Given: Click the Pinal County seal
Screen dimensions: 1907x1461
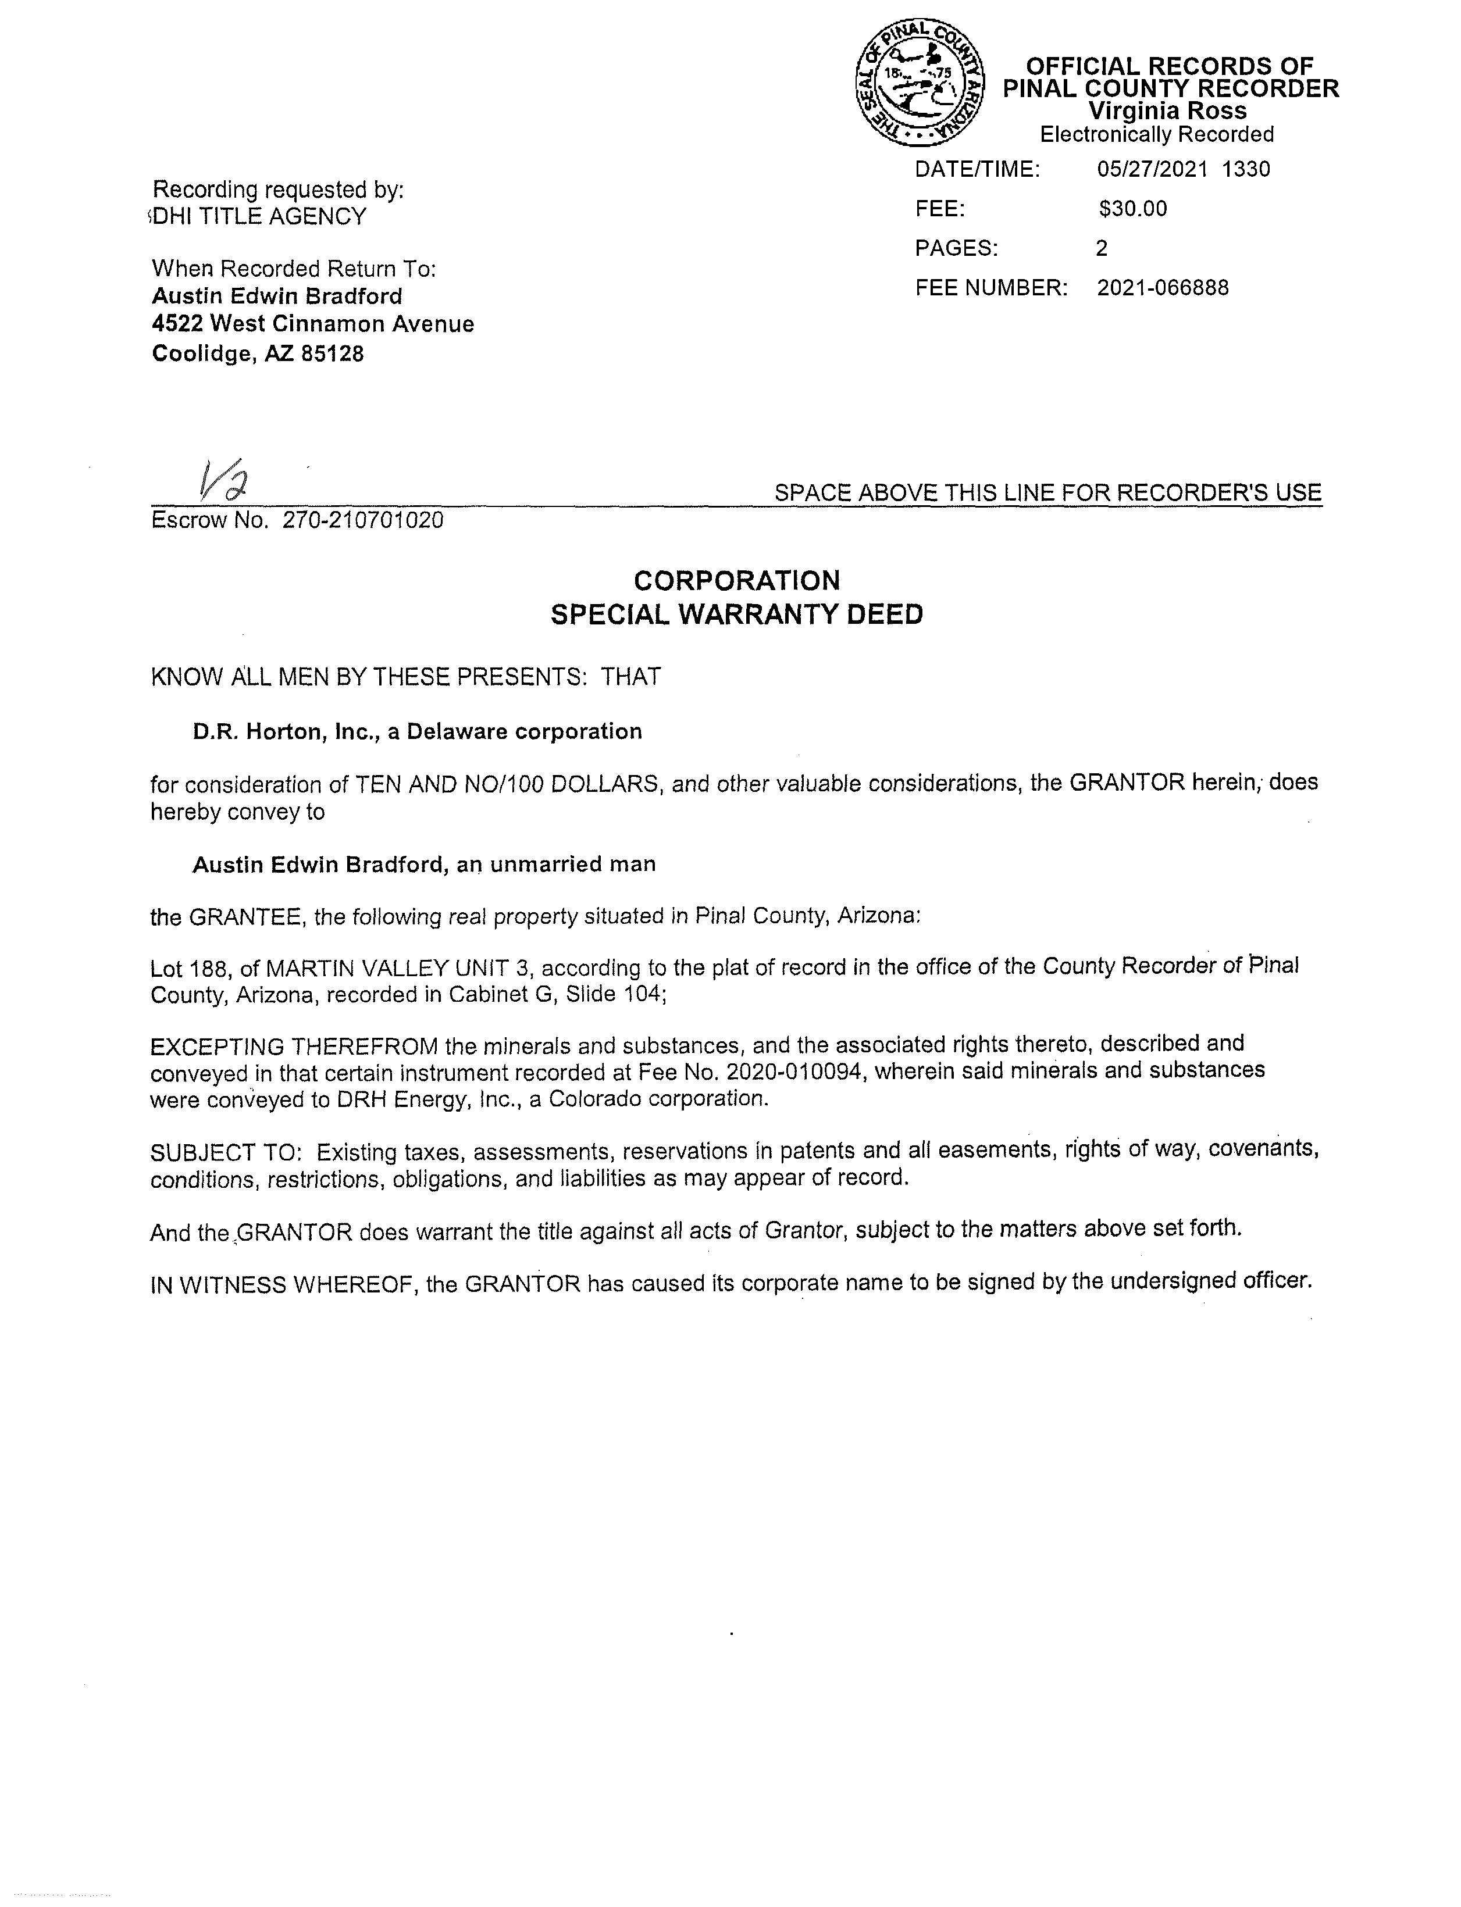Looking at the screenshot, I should click(x=920, y=84).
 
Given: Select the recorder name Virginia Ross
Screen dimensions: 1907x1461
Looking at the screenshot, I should click(x=1167, y=111).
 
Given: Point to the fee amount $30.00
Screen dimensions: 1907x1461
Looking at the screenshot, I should click(x=1132, y=209).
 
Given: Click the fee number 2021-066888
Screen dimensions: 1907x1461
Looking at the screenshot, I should click(x=1163, y=288).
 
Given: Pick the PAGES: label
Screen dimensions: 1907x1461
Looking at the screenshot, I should click(x=956, y=249).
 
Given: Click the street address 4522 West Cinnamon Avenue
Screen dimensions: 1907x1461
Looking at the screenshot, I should click(x=313, y=324).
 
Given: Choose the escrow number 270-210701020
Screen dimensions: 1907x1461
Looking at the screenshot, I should click(x=363, y=520).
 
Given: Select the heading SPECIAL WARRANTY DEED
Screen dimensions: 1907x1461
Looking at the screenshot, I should click(x=736, y=615).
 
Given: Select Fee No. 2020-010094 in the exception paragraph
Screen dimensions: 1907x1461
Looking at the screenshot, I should click(x=751, y=1073).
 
